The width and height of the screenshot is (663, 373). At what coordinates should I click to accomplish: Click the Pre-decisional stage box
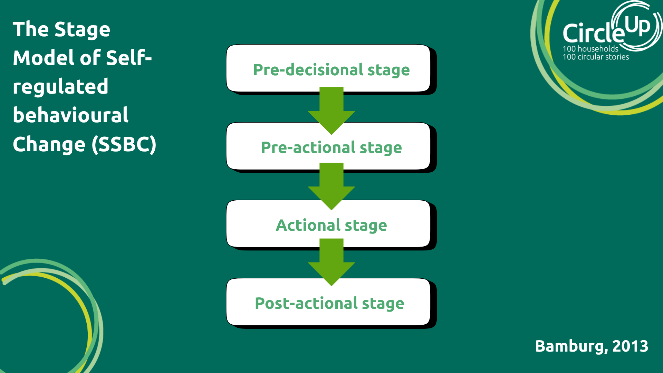pos(331,69)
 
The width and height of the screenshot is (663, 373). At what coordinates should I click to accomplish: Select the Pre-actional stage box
pos(331,147)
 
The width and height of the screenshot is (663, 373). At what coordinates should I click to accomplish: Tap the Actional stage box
pos(331,225)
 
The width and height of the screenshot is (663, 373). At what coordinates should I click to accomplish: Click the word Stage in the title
pos(82,30)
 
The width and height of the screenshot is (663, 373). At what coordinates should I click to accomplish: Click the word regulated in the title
pos(60,86)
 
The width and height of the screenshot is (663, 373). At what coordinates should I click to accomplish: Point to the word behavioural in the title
pos(70,115)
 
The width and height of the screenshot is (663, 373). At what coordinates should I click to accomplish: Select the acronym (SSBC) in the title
pos(124,144)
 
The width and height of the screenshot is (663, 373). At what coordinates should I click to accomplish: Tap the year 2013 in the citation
pos(630,346)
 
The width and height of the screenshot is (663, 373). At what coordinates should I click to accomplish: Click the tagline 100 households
pos(590,49)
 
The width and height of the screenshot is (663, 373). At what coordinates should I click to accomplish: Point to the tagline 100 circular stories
pos(596,57)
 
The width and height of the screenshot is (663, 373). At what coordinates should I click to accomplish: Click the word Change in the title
pos(49,144)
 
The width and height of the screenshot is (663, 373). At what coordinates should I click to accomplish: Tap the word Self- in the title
pos(129,58)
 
